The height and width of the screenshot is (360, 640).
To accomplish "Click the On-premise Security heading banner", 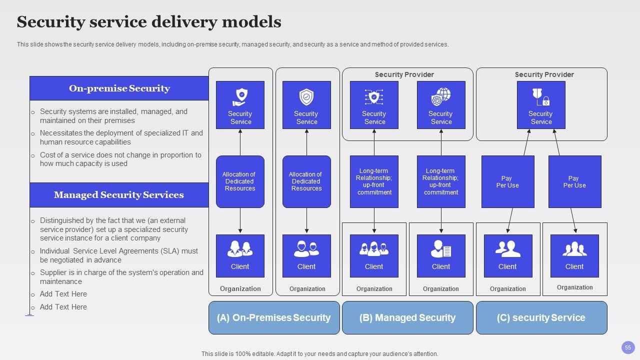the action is (x=119, y=88).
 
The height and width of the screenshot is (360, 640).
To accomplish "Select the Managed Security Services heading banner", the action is (x=119, y=195).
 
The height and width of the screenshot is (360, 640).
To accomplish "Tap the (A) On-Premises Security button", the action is (x=274, y=317).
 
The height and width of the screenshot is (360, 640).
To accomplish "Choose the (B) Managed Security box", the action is (x=407, y=317).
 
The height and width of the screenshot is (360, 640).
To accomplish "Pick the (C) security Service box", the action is (x=541, y=317).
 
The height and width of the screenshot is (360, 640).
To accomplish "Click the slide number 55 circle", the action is (x=628, y=347).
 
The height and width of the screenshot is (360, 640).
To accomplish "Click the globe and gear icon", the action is (x=441, y=97).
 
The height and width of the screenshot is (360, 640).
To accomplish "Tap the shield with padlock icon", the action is (x=541, y=97).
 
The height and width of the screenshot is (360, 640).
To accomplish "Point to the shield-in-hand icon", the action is (x=240, y=97).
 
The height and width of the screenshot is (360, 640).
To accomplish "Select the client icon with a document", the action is (x=441, y=248).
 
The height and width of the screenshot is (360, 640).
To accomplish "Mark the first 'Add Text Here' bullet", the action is (x=63, y=294).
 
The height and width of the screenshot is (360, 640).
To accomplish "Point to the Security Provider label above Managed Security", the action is (x=404, y=74).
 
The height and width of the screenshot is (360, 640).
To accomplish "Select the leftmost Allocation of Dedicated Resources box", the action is (x=240, y=181).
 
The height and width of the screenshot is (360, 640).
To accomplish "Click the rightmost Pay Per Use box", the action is (x=574, y=181).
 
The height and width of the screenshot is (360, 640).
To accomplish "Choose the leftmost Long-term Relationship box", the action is (x=374, y=181).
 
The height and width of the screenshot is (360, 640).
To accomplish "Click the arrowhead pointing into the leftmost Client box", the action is (x=240, y=231).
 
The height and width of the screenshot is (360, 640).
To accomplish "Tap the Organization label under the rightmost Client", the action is (x=574, y=287).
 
